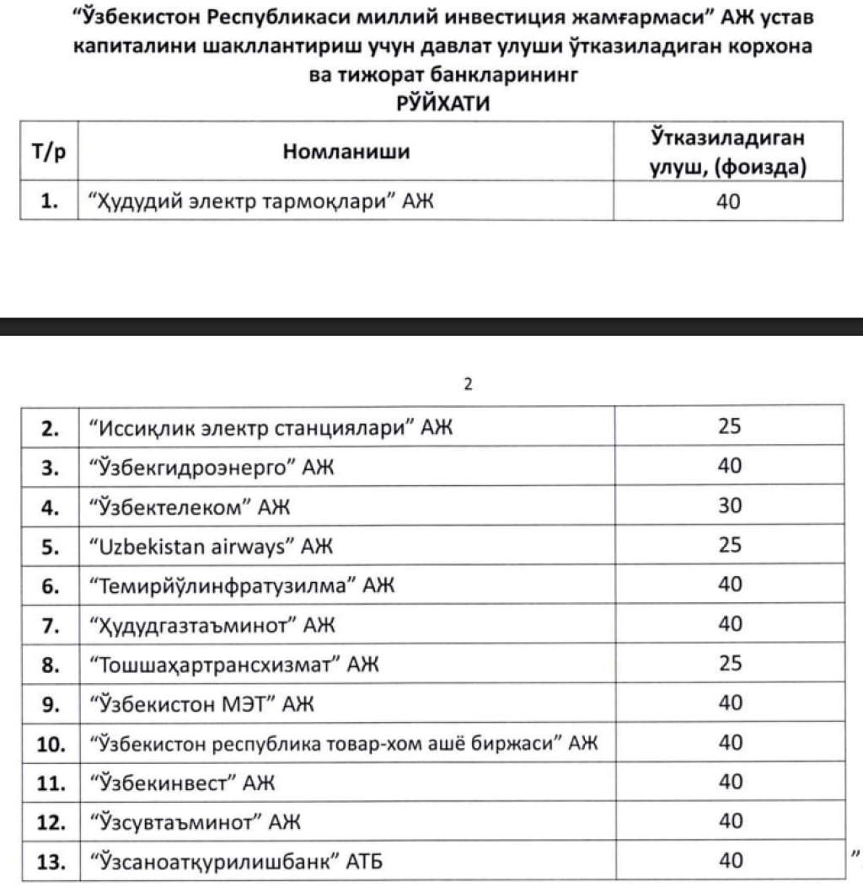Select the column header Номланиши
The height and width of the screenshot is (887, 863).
[346, 152]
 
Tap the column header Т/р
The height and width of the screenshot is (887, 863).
[48, 152]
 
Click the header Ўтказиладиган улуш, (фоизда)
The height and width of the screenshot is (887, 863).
[729, 152]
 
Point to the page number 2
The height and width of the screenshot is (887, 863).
[469, 384]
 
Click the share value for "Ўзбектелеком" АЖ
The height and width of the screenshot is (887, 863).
[730, 506]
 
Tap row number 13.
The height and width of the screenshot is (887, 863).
[48, 862]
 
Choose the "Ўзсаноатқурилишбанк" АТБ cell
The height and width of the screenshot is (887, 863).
[239, 862]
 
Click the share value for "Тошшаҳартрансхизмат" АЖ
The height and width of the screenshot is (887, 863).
[730, 664]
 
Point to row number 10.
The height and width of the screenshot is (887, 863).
[48, 744]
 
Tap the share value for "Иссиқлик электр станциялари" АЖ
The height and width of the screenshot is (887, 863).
[730, 427]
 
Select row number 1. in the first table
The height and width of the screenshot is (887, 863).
[48, 203]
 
